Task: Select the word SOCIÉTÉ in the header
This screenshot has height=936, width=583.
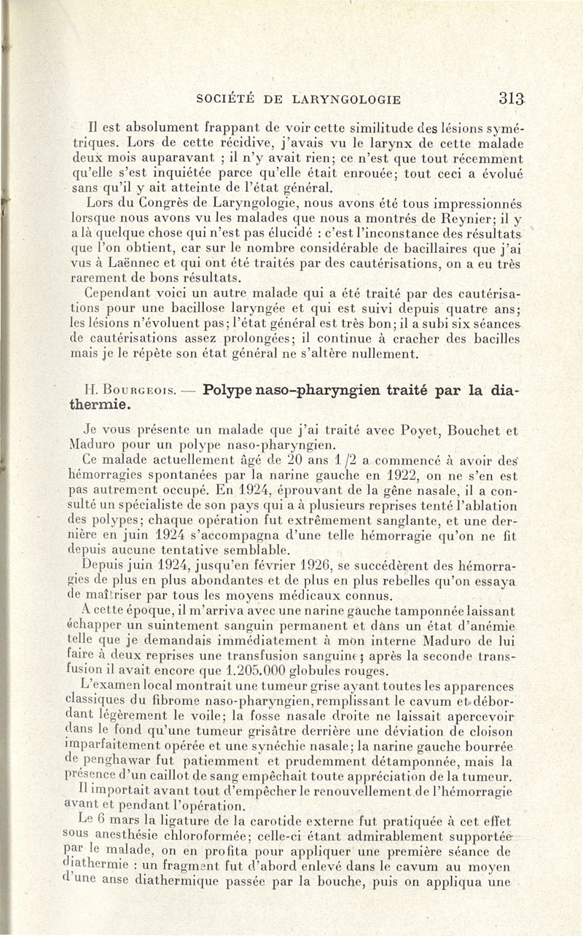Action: point(222,100)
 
